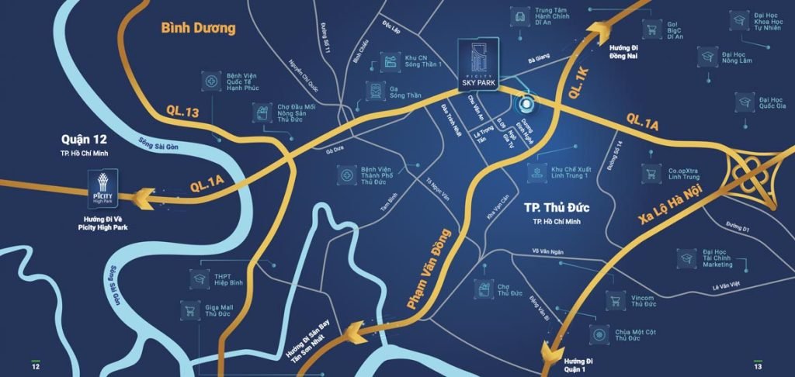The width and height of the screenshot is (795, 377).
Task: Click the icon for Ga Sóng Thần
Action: (x=376, y=91)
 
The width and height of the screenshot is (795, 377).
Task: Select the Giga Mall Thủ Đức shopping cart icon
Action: (x=189, y=311)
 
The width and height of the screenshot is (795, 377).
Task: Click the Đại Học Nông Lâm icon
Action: (x=707, y=55)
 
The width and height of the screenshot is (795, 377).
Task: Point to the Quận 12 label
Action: (x=87, y=140)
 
